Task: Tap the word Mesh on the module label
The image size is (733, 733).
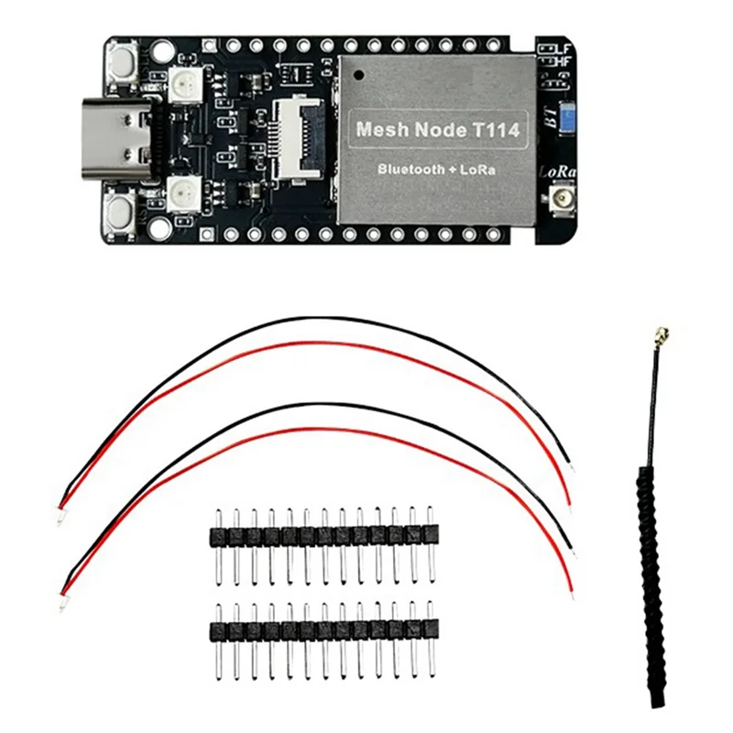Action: click(x=378, y=131)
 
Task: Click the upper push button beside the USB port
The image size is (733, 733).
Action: click(x=122, y=63)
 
